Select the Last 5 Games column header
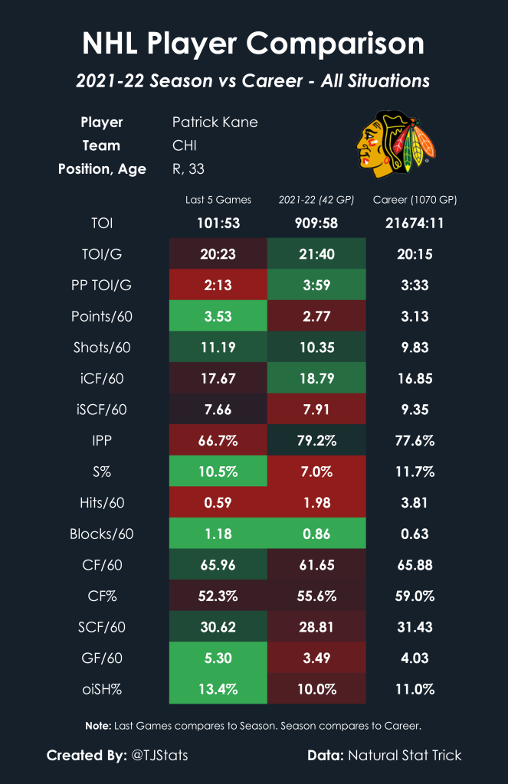(218, 200)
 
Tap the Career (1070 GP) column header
(415, 200)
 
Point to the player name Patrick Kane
(215, 122)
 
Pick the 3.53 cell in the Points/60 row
(218, 316)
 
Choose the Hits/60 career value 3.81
(415, 502)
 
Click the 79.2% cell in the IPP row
(316, 440)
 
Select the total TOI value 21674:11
(415, 224)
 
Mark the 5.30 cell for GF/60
(218, 658)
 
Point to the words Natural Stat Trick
(405, 756)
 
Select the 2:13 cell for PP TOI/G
(218, 286)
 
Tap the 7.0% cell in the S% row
(316, 472)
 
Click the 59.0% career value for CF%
(415, 596)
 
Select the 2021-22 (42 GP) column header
(316, 200)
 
